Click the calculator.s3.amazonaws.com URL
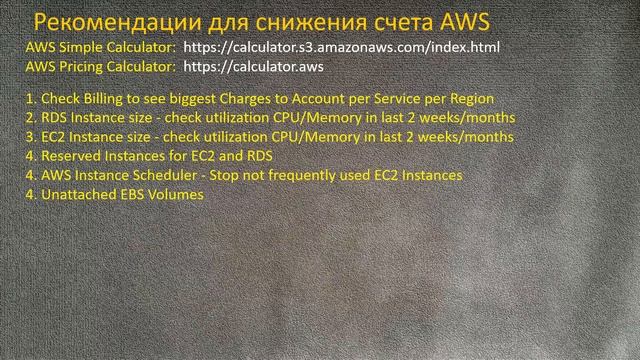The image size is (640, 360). click(341, 47)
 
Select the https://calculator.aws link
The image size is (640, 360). click(253, 66)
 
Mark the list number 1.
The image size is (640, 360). click(29, 98)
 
